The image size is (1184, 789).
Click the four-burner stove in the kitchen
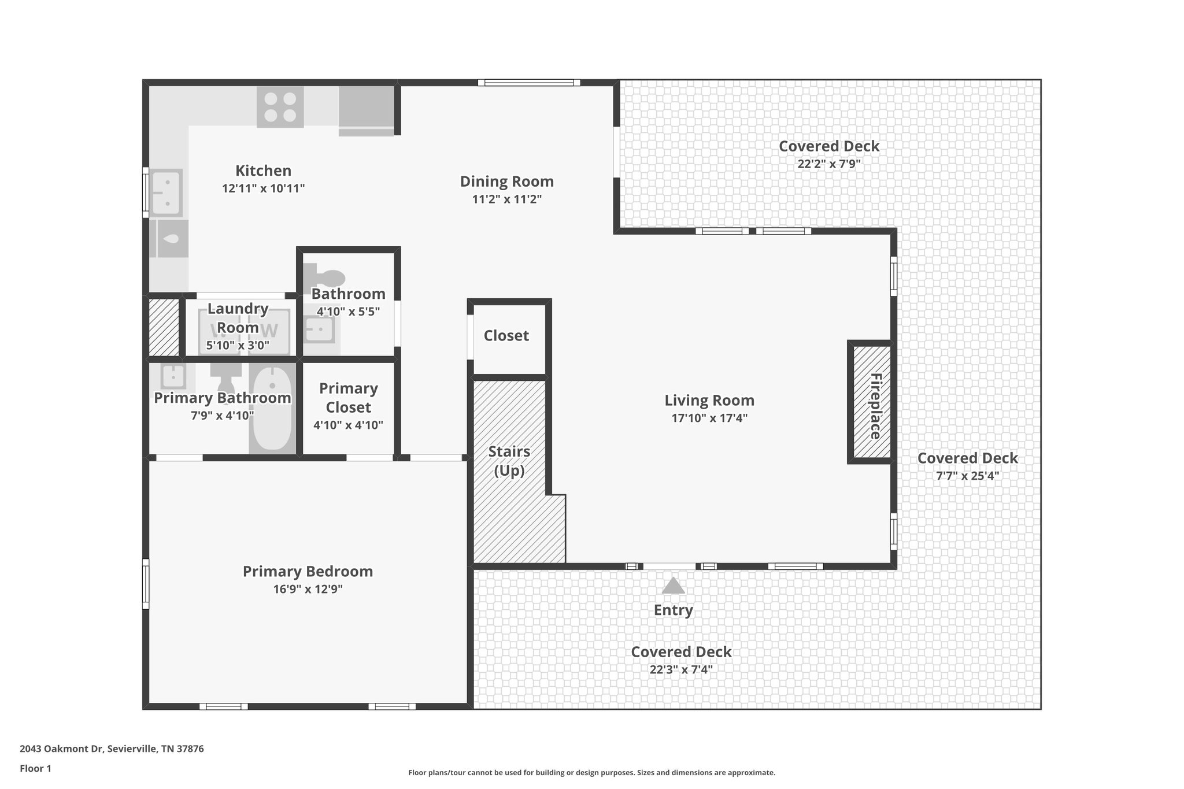pyautogui.click(x=280, y=107)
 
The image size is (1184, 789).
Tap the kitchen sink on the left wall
pyautogui.click(x=167, y=192)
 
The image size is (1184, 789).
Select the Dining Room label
pyautogui.click(x=506, y=181)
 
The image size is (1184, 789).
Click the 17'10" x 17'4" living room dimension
pyautogui.click(x=709, y=418)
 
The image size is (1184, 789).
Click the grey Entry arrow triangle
pyautogui.click(x=673, y=586)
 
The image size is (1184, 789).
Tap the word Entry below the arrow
pyautogui.click(x=673, y=610)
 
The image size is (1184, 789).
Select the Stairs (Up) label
pyautogui.click(x=509, y=461)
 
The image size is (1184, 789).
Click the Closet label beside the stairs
pyautogui.click(x=506, y=336)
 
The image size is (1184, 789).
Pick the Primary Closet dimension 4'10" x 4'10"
pyautogui.click(x=348, y=425)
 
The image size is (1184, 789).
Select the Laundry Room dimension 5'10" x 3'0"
pyautogui.click(x=238, y=346)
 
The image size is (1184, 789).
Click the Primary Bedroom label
pyautogui.click(x=308, y=571)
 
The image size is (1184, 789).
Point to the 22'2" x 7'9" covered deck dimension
pyautogui.click(x=828, y=164)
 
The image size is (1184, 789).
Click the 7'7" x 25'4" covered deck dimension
pyautogui.click(x=967, y=476)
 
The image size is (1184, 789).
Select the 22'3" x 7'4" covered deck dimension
pyautogui.click(x=680, y=669)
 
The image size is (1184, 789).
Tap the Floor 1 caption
pyautogui.click(x=35, y=769)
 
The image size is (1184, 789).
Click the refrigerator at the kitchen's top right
pyautogui.click(x=367, y=109)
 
